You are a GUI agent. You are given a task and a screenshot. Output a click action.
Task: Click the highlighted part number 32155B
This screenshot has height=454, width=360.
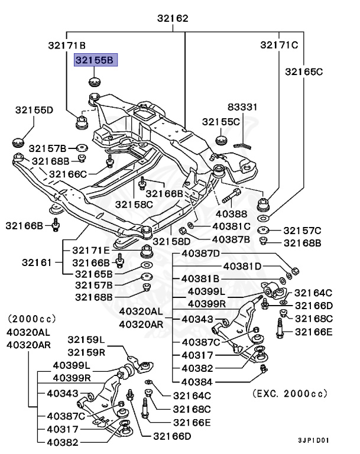coord(96,59)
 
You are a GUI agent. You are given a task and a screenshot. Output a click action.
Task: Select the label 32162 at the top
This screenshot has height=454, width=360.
coord(173,18)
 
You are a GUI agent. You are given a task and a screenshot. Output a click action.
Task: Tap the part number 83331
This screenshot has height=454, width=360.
coord(244,107)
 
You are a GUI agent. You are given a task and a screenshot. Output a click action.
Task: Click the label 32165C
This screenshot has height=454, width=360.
coord(304,72)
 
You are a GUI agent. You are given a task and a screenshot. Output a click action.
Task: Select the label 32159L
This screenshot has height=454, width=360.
coord(86,339)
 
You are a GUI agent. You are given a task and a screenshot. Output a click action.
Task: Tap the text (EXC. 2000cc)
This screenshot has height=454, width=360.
coord(290,393)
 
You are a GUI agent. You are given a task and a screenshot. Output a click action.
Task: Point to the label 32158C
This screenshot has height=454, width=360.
coord(134,204)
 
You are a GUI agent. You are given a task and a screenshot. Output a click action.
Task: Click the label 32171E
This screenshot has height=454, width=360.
coord(92,250)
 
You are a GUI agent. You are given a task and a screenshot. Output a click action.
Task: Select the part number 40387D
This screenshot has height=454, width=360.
coord(200,254)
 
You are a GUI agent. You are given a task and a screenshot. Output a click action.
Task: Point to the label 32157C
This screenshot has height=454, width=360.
coord(302,230)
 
